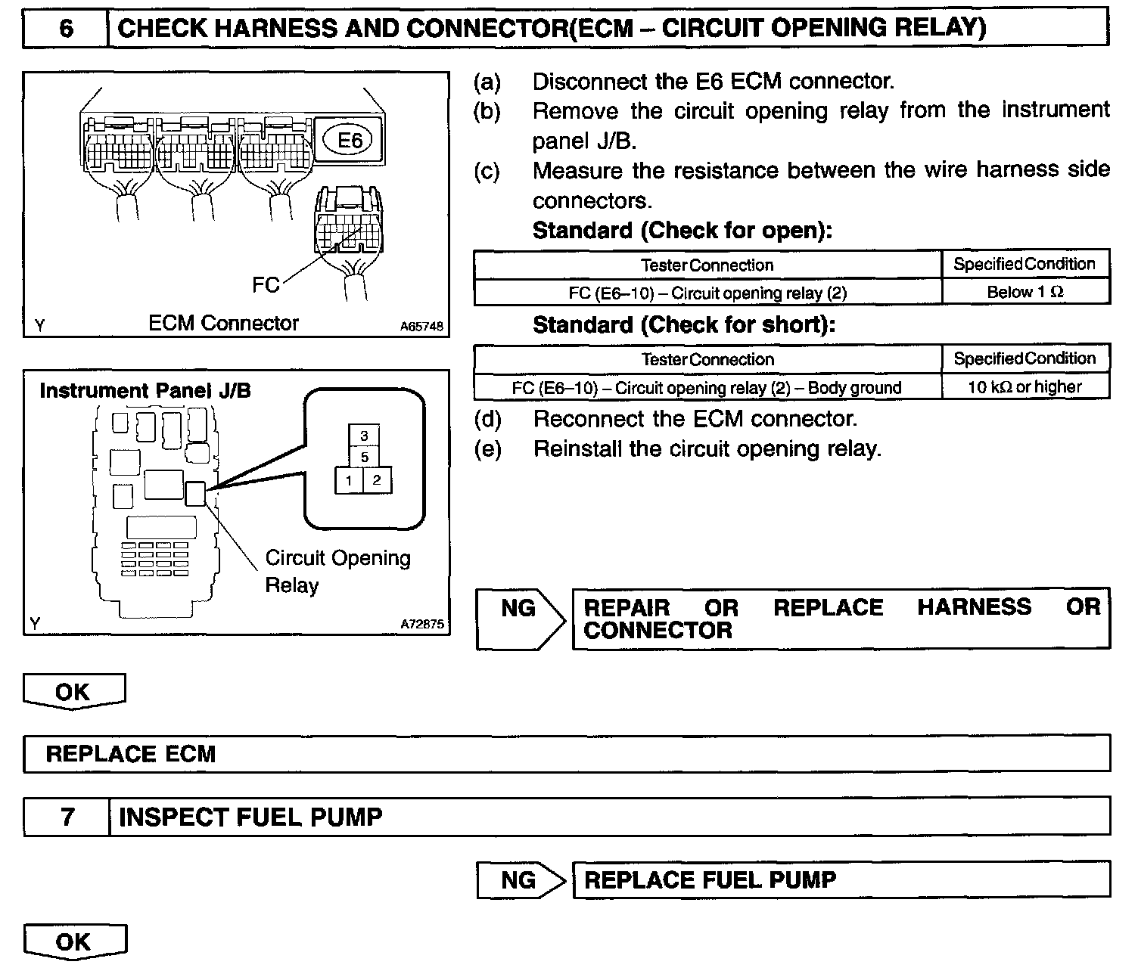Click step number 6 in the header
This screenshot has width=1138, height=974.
pos(66,29)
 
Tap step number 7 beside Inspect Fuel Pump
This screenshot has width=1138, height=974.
pos(67,817)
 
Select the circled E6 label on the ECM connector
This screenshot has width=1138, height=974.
pos(349,140)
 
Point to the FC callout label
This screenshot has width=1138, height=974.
pos(266,285)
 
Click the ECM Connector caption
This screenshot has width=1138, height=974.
pos(223,324)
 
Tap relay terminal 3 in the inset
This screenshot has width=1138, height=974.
pos(364,436)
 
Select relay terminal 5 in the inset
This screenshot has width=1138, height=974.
pos(364,458)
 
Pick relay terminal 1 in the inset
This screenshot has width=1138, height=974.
pos(349,481)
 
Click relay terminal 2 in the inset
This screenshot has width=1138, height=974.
pos(377,481)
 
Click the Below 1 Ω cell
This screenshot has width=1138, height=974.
pos(1025,292)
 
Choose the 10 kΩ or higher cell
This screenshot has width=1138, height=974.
pos(1025,387)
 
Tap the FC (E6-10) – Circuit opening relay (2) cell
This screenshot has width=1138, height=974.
pos(707,293)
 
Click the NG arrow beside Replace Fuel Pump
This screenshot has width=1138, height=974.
pos(521,880)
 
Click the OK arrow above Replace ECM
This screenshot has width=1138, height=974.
pos(73,692)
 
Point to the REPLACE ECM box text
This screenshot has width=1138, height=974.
pos(131,754)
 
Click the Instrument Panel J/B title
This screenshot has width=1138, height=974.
pos(145,391)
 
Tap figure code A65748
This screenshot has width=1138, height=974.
pos(421,327)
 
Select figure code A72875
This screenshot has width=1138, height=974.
pos(422,625)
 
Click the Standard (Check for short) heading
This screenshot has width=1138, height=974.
pos(684,325)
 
